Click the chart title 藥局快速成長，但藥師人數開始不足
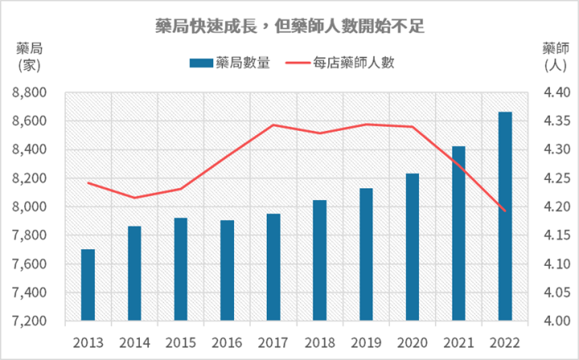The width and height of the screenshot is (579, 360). click(289, 27)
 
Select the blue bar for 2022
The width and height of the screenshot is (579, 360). click(505, 216)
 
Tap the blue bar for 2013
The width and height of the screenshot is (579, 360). click(88, 284)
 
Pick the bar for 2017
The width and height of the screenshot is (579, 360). click(273, 267)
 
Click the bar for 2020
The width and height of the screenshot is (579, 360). click(413, 247)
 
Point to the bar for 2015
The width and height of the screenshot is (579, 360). click(180, 269)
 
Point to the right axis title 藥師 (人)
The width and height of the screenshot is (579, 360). click(556, 54)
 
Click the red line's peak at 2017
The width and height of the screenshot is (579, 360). click(273, 125)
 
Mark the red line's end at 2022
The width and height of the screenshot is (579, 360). click(505, 211)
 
